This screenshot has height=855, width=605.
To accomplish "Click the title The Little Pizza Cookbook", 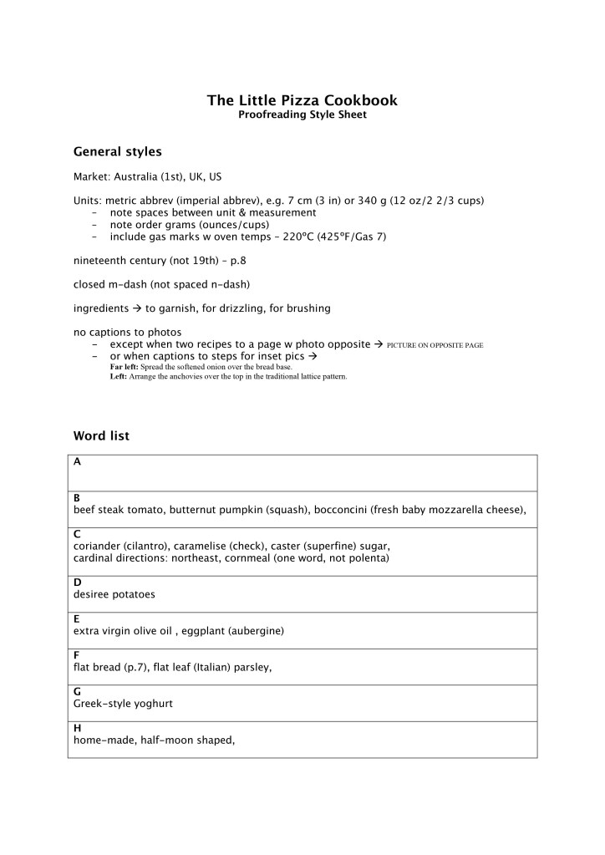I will pyautogui.click(x=302, y=100).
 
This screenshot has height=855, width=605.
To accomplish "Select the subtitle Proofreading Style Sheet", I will pyautogui.click(x=302, y=115).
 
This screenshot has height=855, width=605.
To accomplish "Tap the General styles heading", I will pyautogui.click(x=118, y=152).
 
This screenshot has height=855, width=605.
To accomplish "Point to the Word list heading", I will pyautogui.click(x=101, y=436).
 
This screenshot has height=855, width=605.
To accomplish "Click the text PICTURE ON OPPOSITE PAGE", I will pyautogui.click(x=435, y=345).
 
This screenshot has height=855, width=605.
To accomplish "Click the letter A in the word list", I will pyautogui.click(x=78, y=461).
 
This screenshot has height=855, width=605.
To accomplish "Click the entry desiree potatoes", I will pyautogui.click(x=114, y=594).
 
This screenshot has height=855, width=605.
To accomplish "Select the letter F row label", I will pyautogui.click(x=77, y=655).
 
